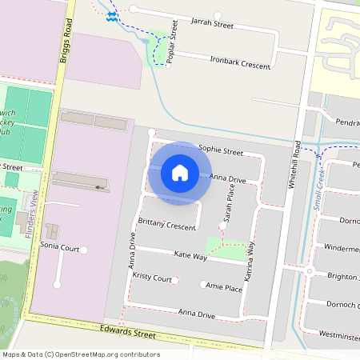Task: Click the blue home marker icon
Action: tap(180, 173)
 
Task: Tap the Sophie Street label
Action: tap(220, 150)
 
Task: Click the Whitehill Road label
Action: tap(295, 164)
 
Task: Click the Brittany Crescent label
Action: tap(167, 226)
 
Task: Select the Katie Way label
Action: tap(190, 257)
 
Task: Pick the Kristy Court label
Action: tap(153, 278)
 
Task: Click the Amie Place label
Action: tap(223, 287)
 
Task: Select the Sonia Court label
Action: tap(58, 249)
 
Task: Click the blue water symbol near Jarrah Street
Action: tap(112, 16)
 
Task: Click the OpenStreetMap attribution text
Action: tap(81, 354)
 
